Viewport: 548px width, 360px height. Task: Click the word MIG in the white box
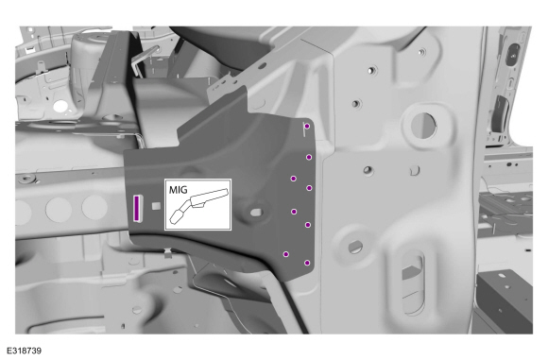point(178,190)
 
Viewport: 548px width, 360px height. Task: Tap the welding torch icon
point(199,205)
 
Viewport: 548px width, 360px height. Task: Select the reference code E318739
point(24,351)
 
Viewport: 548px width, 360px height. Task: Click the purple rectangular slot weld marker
point(137,208)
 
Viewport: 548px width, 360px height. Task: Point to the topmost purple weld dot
point(307,127)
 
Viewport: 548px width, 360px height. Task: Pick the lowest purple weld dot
point(307,263)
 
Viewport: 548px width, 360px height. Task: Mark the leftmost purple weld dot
point(286,254)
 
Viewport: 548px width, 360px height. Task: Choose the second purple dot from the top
point(309,157)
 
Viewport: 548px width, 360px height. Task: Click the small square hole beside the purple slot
point(156,206)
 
